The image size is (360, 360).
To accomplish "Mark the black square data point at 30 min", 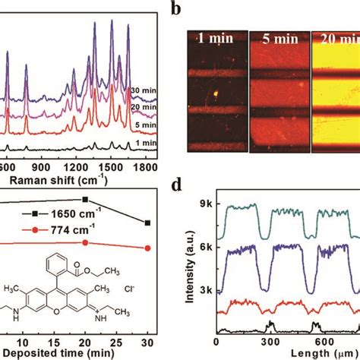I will pyautogui.click(x=147, y=223).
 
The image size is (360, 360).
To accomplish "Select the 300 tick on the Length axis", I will pyautogui.click(x=270, y=341).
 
